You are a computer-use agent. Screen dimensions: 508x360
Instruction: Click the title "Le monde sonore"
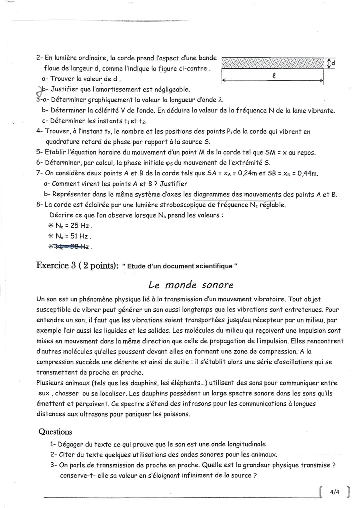(191, 285)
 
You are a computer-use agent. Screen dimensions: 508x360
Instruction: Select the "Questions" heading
(55, 432)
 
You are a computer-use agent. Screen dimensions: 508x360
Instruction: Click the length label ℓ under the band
(274, 76)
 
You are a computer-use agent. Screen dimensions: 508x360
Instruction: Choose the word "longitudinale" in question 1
(242, 444)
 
